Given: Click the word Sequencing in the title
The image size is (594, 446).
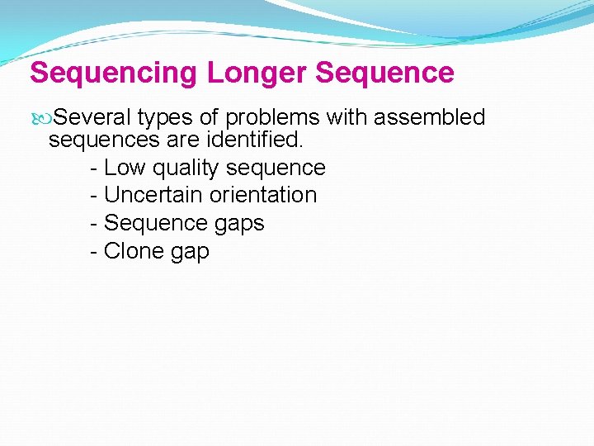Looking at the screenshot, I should (x=114, y=73).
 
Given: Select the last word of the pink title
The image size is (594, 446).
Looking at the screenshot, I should (x=384, y=73).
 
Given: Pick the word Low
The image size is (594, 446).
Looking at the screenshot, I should (x=125, y=168).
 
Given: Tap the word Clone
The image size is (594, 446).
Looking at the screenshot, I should (x=134, y=251).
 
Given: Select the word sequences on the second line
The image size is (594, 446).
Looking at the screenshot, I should (x=101, y=140).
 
